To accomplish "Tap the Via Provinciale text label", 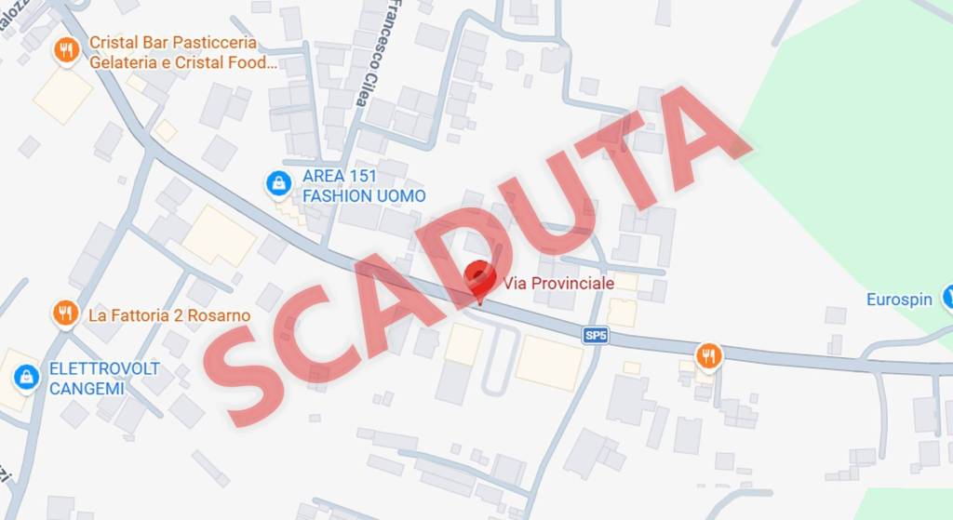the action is pos(558,283).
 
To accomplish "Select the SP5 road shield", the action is pos(596,336).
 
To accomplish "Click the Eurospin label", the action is pos(898,300).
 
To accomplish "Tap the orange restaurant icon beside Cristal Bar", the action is pos(66,49).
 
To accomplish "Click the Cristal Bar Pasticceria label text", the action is pos(173,43).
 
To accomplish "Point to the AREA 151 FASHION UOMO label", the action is pos(363,186).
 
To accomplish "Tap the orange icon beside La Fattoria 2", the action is pos(65,313).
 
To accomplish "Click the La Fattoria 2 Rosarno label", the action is pos(168,315).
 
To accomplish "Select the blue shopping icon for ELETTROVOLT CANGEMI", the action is pos(26,378).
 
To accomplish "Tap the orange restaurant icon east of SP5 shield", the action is pos(708,354).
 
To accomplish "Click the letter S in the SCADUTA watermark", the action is pos(237,363).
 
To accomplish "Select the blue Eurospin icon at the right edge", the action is pos(947,298).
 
